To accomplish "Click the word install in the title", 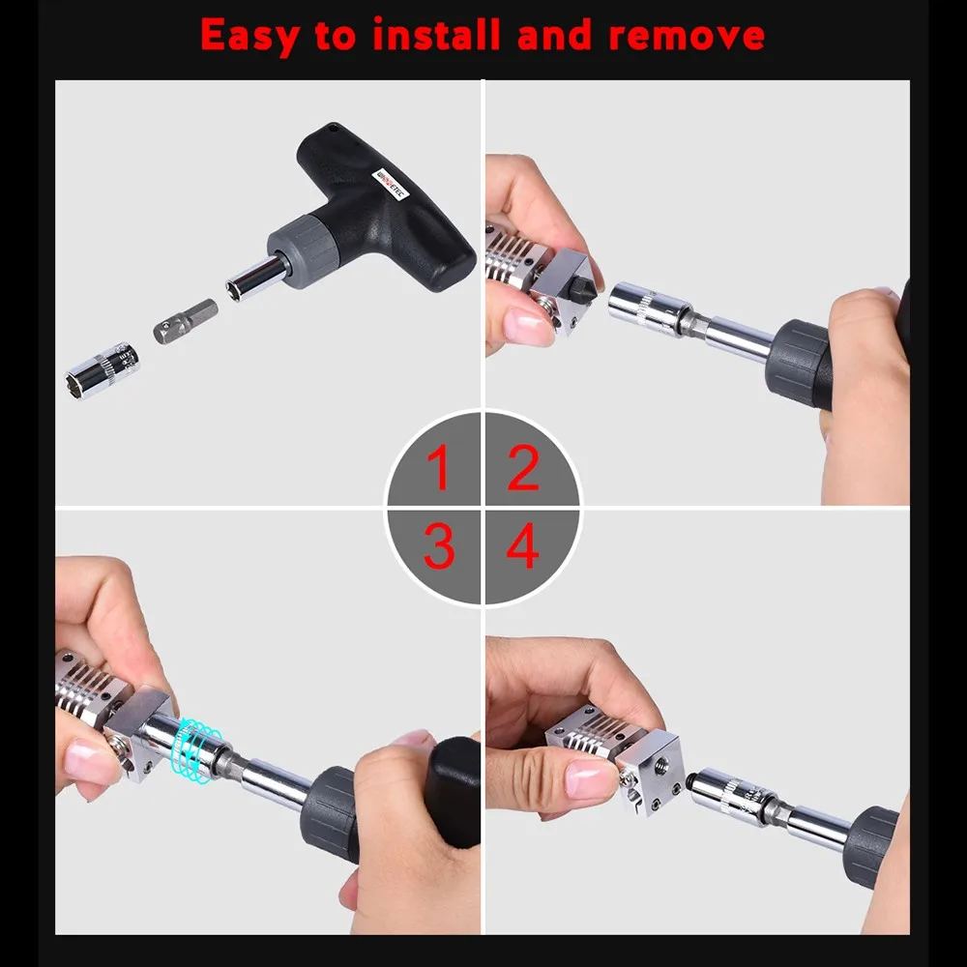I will [437, 36].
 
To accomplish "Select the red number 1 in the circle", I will [438, 468].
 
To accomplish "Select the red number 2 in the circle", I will [523, 468].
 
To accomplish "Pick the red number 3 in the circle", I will [438, 547].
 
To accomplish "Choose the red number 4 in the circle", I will [523, 547].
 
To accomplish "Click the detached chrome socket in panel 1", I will [102, 369].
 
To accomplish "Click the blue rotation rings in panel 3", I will [198, 746].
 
